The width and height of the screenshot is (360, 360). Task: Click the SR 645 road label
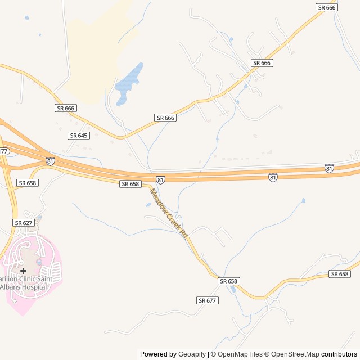click(79, 136)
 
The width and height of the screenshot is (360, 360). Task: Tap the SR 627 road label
click(24, 223)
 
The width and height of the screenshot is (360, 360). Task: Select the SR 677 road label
click(208, 300)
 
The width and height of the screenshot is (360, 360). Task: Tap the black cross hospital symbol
click(23, 271)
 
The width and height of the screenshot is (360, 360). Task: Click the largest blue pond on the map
click(129, 84)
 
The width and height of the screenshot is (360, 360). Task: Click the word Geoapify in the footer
click(192, 354)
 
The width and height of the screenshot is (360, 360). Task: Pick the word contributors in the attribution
click(339, 354)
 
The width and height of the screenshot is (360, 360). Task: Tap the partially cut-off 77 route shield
click(4, 151)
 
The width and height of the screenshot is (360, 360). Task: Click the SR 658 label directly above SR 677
click(229, 281)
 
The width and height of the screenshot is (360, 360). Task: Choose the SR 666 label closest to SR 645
click(66, 107)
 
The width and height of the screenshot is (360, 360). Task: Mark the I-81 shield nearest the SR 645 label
click(51, 161)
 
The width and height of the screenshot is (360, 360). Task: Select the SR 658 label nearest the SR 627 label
click(27, 183)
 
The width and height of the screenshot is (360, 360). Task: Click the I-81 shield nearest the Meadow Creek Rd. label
click(161, 179)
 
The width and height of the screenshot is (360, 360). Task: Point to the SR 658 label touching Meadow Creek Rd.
click(130, 184)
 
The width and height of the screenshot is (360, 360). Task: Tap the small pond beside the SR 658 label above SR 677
click(233, 290)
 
